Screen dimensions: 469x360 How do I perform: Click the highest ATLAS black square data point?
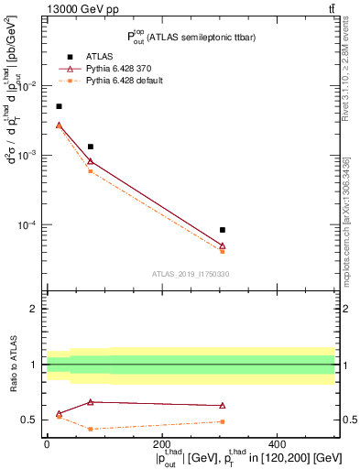(x=59, y=106)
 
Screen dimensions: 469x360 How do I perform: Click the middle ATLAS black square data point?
(x=90, y=147)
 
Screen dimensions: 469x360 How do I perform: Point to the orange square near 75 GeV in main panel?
(x=90, y=171)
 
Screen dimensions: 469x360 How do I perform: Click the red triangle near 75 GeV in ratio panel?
(x=90, y=402)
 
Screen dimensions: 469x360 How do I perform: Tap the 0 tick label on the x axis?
(x=47, y=442)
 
